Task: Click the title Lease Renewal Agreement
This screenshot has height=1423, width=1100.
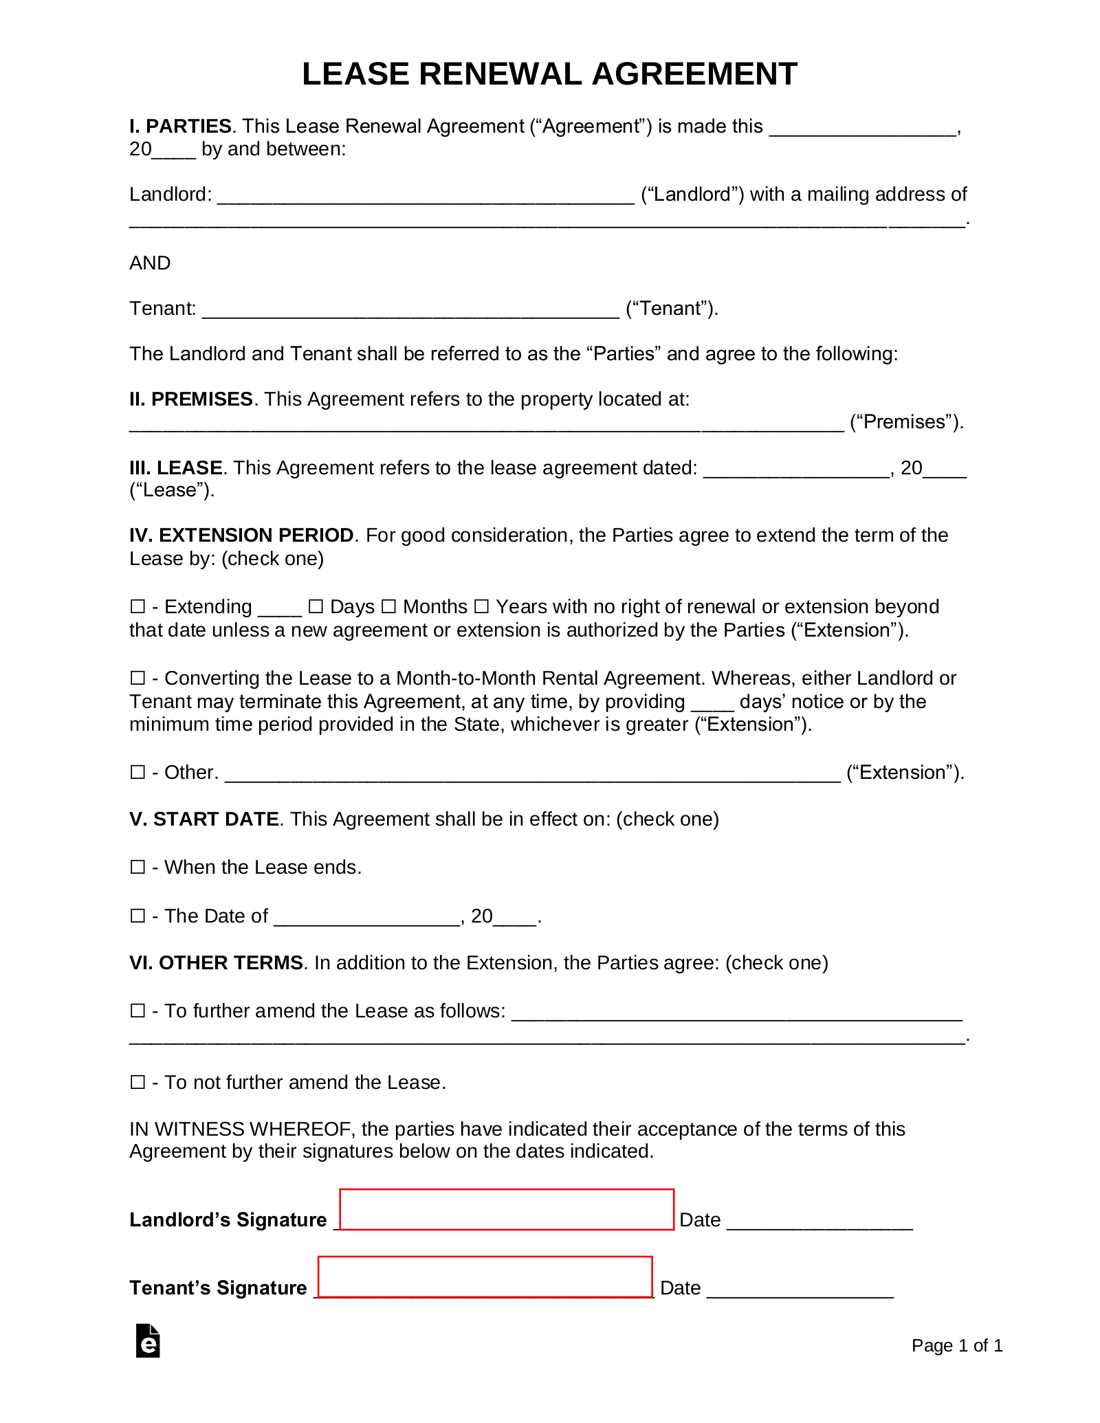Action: (x=549, y=74)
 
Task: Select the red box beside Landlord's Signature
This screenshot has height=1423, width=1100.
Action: (x=507, y=1209)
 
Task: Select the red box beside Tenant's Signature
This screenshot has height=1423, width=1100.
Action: (x=485, y=1277)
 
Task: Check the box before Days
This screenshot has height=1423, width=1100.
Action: (x=316, y=606)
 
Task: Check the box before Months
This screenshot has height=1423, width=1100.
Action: (x=388, y=606)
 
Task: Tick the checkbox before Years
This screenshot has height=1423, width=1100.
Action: (x=481, y=606)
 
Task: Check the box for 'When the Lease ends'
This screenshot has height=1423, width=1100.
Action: (x=137, y=867)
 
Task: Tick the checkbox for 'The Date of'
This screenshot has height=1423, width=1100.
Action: (x=137, y=916)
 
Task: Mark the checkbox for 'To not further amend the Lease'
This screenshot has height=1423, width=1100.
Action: (x=137, y=1082)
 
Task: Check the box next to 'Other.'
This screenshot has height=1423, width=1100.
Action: (x=137, y=772)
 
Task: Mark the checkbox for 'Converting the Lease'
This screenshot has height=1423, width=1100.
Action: (x=137, y=678)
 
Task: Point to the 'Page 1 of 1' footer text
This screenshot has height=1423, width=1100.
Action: (x=957, y=1345)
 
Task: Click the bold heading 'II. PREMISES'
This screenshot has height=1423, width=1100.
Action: (x=191, y=399)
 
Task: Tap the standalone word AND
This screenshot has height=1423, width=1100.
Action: (x=150, y=263)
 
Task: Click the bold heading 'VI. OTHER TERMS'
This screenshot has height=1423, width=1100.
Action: (x=216, y=962)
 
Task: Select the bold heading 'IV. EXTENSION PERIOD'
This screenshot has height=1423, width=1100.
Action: (x=241, y=535)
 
